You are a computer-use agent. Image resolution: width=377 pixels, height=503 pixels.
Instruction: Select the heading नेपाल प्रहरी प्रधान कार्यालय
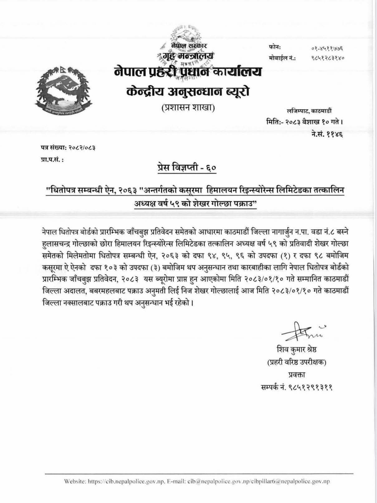[188, 72]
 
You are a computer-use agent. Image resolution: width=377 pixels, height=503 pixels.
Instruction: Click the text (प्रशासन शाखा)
[188, 108]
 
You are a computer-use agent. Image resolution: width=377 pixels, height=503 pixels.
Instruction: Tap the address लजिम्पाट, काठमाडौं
[309, 111]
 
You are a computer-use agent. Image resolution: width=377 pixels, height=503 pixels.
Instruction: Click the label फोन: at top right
[275, 47]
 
